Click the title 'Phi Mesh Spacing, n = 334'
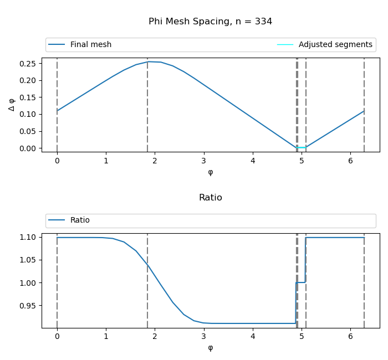point(210,22)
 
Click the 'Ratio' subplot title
point(210,198)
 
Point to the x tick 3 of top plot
point(204,161)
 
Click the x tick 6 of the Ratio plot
point(350,336)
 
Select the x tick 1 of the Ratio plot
point(106,336)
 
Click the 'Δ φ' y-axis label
point(12,104)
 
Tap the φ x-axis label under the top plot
point(210,172)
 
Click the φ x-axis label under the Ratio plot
point(210,348)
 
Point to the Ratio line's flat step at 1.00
point(301,282)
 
